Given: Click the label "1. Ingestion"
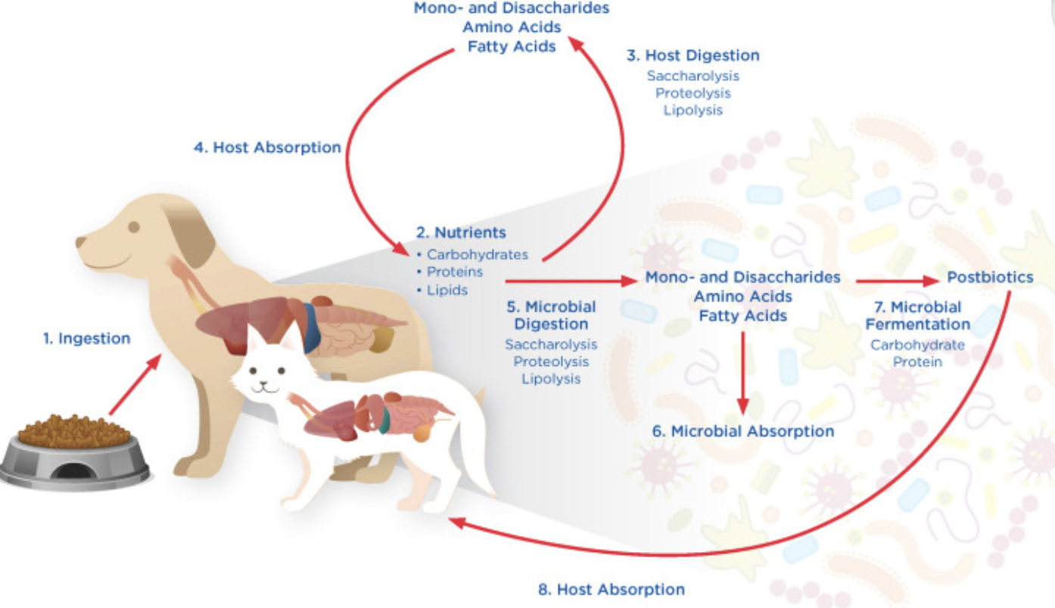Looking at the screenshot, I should click(86, 339).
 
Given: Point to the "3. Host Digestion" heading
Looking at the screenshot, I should click(692, 55).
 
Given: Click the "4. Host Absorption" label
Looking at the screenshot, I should click(267, 147).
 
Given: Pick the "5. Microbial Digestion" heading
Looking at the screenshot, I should click(551, 315).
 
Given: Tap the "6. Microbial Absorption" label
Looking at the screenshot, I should click(743, 431).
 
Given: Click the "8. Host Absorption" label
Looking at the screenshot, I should click(611, 589).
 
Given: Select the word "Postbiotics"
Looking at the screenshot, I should click(990, 278).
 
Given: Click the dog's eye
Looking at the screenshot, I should click(134, 226).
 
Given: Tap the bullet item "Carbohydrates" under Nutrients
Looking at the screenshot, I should click(477, 254).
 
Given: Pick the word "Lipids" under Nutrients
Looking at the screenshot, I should click(447, 290).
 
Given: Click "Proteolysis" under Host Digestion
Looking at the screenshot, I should click(692, 93).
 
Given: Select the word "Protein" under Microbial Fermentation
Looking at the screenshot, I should click(917, 361).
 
